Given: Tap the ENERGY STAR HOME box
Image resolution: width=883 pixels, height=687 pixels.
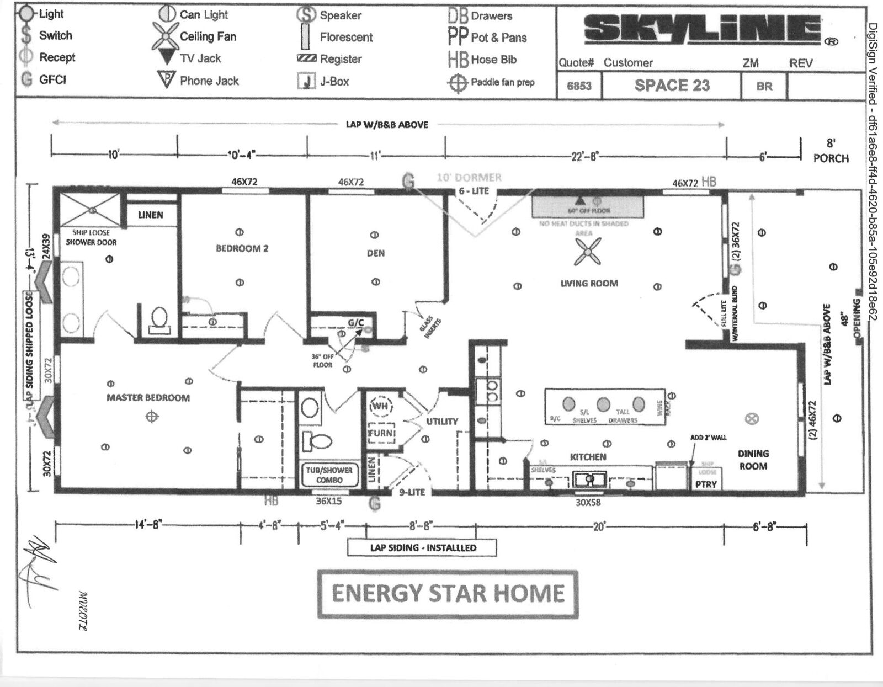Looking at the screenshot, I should (448, 594).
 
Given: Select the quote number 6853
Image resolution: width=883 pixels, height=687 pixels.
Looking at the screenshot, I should (579, 86).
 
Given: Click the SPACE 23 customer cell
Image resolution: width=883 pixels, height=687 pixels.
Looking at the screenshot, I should (672, 86).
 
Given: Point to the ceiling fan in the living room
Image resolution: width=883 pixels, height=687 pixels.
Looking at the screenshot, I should (587, 252).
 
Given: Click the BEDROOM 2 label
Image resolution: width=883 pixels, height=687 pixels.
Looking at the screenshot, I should (242, 248).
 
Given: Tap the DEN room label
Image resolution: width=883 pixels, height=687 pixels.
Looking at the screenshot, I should (375, 253).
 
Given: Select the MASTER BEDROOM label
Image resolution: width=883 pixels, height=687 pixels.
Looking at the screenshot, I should (148, 397).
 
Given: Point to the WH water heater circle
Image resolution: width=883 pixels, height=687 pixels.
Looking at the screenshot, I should (380, 406).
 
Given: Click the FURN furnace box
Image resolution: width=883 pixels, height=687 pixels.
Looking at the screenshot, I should (380, 433).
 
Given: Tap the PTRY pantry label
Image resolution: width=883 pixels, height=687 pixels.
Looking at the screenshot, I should (706, 484).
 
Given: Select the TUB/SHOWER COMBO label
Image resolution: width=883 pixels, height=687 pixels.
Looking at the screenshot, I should (329, 475).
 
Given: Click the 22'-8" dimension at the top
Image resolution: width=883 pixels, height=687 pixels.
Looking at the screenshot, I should (584, 157).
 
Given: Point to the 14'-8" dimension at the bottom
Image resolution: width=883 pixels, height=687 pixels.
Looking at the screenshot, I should (148, 525).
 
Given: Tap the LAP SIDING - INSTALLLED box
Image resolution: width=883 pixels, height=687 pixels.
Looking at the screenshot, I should (422, 547).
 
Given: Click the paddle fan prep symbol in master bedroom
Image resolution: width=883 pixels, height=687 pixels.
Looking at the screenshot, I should (151, 417).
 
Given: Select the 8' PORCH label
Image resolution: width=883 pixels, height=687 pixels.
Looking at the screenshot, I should (830, 151).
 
